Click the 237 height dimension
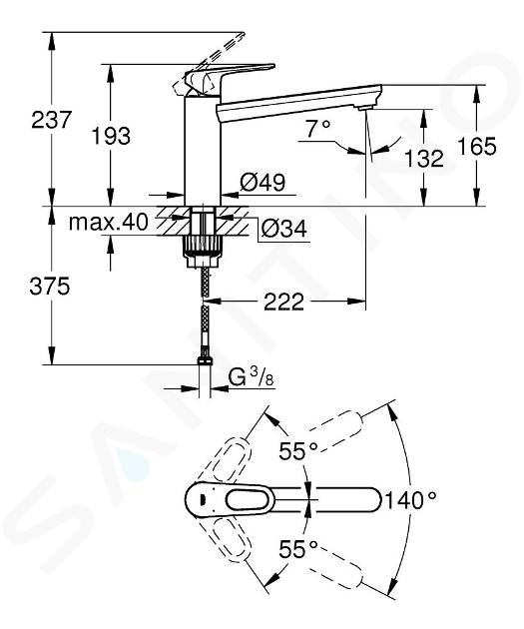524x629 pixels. pos(51,120)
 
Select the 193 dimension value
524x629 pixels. pos(111,136)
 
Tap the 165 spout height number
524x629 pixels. pos(477,146)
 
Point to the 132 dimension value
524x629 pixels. pos(424,158)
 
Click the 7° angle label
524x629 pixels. pos(319,129)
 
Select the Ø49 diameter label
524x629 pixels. pos(262,183)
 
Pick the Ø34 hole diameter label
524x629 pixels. pos(283,229)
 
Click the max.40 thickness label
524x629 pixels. pos(108,222)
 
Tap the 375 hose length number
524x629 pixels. pos(50,287)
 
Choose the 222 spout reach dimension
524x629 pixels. pos(283,302)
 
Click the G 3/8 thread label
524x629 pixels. pos(251,377)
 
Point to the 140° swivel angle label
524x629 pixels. pos(410,500)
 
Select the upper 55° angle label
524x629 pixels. pos(298,451)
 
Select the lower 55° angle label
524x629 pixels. pos(298,549)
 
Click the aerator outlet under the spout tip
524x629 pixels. pos(365,108)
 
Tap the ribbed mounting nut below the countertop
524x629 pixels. pos(203,246)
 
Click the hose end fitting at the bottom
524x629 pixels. pos(205,361)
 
